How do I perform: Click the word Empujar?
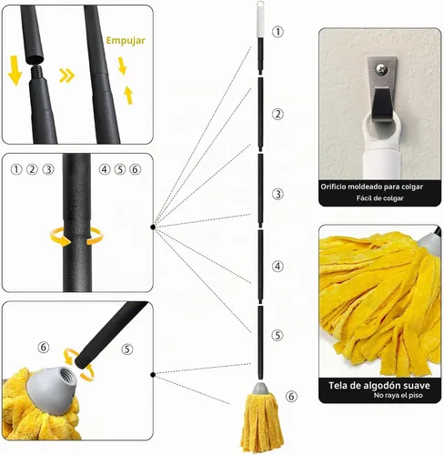pyautogui.click(x=126, y=41)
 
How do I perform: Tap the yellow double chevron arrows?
pyautogui.click(x=66, y=76)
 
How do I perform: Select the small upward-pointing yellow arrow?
pyautogui.click(x=129, y=95)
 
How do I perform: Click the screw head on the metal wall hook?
pyautogui.click(x=382, y=69)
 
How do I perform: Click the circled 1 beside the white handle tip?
pyautogui.click(x=277, y=32)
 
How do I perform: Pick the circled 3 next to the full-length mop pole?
pyautogui.click(x=277, y=194)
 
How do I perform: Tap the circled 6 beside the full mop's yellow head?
pyautogui.click(x=291, y=396)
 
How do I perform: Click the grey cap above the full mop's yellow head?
pyautogui.click(x=260, y=389)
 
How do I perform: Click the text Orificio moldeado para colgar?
pyautogui.click(x=372, y=187)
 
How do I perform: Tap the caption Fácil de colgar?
pyautogui.click(x=379, y=198)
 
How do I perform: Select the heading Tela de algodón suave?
pyautogui.click(x=379, y=386)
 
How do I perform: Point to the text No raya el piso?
pyautogui.click(x=398, y=395)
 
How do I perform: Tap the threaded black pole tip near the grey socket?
pyautogui.click(x=84, y=359)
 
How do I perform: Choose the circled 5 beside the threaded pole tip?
pyautogui.click(x=127, y=349)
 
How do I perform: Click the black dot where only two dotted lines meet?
pyautogui.click(x=153, y=375)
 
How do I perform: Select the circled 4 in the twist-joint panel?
pyautogui.click(x=105, y=169)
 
